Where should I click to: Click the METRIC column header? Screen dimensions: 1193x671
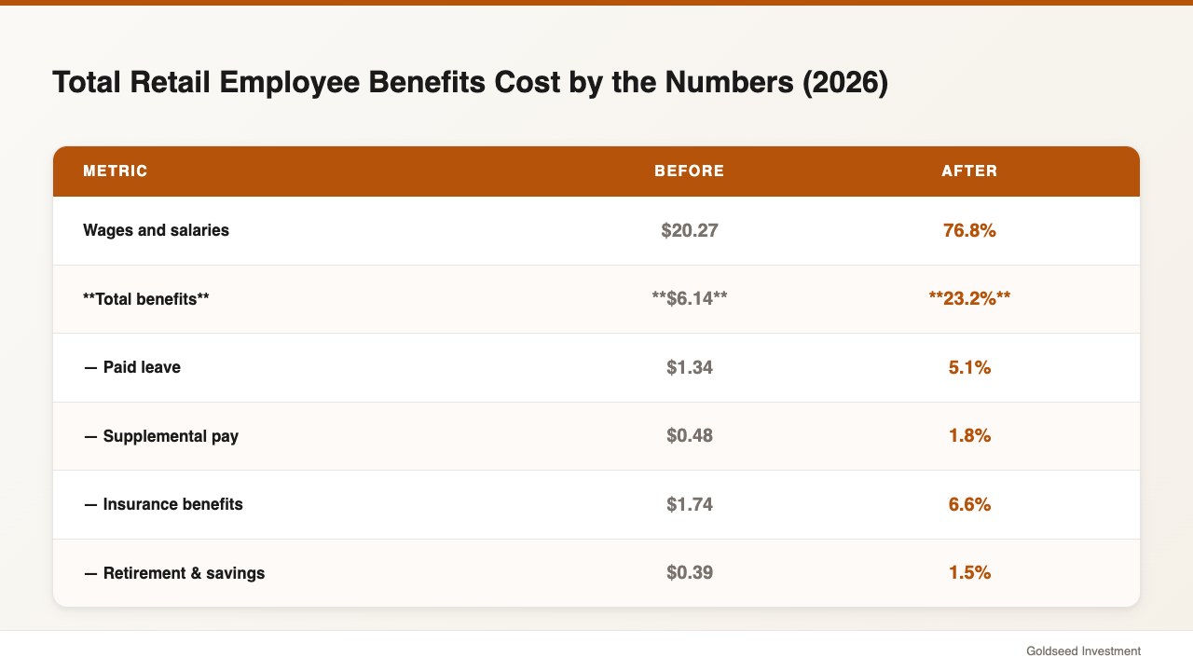(x=115, y=171)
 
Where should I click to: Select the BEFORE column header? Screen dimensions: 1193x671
(x=689, y=171)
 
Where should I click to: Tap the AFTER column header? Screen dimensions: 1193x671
(x=969, y=171)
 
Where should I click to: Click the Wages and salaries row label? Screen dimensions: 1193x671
(x=156, y=230)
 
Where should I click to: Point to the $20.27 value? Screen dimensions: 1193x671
(x=689, y=230)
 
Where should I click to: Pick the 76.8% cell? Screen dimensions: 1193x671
(x=969, y=230)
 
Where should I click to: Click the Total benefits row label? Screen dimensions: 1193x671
(x=146, y=299)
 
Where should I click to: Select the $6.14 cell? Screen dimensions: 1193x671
(x=689, y=299)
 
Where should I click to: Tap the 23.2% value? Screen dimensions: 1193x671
(x=969, y=299)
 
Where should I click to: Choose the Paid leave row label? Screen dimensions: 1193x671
(x=132, y=367)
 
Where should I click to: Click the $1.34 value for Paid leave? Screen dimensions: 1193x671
(x=689, y=367)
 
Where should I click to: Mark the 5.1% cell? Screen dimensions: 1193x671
(x=969, y=367)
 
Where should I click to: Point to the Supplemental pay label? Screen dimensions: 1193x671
(x=161, y=436)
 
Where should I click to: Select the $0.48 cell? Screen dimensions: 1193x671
(x=689, y=435)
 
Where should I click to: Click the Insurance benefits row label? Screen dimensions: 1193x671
(x=163, y=504)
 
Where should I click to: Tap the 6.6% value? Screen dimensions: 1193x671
(x=969, y=504)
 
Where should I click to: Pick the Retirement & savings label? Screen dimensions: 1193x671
(x=174, y=573)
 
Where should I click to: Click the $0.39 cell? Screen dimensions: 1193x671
(x=689, y=572)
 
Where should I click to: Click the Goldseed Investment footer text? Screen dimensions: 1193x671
(x=1083, y=651)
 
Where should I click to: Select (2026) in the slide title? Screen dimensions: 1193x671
(x=845, y=83)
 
